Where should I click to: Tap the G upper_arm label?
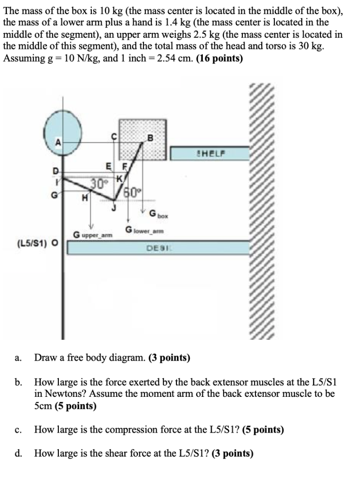(x=92, y=234)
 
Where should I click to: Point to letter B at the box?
(x=150, y=138)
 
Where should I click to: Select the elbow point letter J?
(x=112, y=207)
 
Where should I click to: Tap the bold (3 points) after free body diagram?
(x=169, y=358)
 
